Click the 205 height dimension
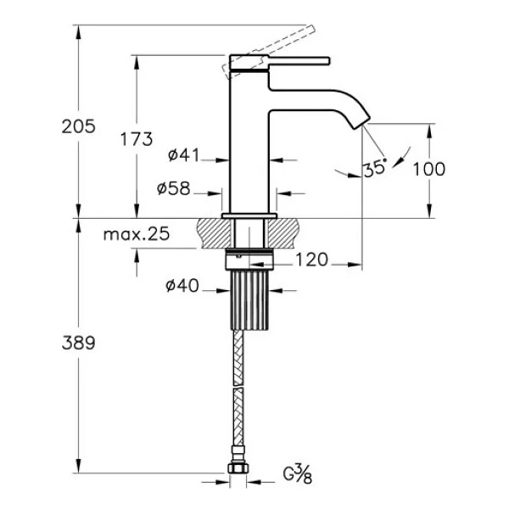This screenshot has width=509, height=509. pos(79,126)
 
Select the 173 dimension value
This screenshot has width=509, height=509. pos(137,139)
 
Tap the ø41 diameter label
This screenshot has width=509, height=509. pos(183,155)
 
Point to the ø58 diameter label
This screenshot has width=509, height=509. pos(173,188)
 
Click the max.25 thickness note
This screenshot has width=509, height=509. pos(137,234)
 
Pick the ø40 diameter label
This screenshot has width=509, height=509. pos(182,286)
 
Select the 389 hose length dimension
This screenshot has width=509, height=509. pos(79,343)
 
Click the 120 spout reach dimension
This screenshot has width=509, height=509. pos(311,260)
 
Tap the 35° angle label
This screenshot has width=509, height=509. pos(375,169)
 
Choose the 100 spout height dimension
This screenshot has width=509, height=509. pos(428,169)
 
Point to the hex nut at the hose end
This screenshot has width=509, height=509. pos(238,467)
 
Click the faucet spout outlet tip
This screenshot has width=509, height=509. pos(361,123)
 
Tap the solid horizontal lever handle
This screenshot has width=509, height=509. pos(299,61)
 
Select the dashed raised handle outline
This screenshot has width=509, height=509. pos(269,51)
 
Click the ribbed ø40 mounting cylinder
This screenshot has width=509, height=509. pos(249,300)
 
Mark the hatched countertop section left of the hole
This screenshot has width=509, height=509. pos(215,233)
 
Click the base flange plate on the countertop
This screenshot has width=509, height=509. pos(249,215)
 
